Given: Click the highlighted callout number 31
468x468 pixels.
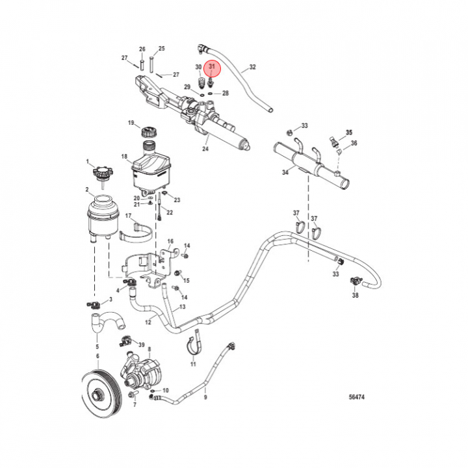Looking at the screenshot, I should point(211,66).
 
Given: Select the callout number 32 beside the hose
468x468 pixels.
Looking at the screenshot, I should point(252,67).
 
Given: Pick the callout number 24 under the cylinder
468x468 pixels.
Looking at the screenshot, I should point(205,148).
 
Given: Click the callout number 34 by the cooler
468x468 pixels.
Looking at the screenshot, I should point(284,172).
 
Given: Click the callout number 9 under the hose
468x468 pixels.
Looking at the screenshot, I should point(205,396).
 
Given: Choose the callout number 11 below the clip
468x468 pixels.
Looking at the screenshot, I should point(193,365).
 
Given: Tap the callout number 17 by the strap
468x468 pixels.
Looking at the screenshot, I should point(128,215).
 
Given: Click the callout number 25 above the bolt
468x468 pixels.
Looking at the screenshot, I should point(162,49).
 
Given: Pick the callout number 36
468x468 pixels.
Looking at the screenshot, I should point(354,143).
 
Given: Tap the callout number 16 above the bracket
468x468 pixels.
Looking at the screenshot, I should point(171,241).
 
